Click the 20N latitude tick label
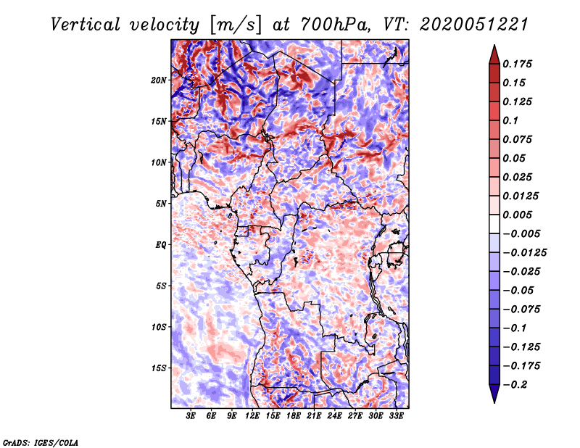pos(159,80)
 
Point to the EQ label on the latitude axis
pos(160,245)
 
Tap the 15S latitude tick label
pos(159,368)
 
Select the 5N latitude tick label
pos(160,204)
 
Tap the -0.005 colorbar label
pos(521,233)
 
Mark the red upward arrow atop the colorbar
pos(494,52)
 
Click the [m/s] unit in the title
pos(234,24)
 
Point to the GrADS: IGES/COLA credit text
pos(40,441)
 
